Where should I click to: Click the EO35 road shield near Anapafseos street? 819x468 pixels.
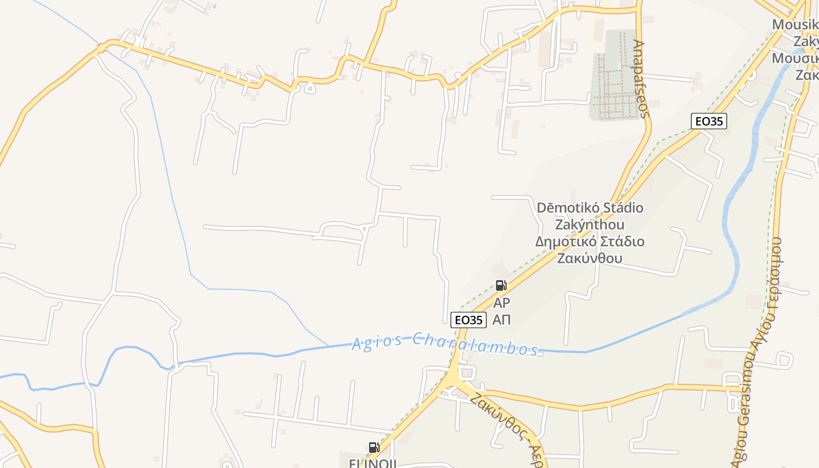pyautogui.click(x=708, y=121)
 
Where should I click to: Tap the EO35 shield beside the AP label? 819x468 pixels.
pyautogui.click(x=469, y=319)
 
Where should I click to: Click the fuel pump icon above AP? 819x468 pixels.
pyautogui.click(x=501, y=285)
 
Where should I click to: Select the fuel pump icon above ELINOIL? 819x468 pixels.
pyautogui.click(x=374, y=448)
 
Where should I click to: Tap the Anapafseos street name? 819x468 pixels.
pyautogui.click(x=641, y=79)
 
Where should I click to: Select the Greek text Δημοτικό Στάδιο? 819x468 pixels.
pyautogui.click(x=590, y=242)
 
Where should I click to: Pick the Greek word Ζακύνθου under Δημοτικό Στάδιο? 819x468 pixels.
pyautogui.click(x=590, y=258)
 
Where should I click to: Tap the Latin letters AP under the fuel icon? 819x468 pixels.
pyautogui.click(x=501, y=303)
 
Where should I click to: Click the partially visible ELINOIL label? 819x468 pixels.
pyautogui.click(x=373, y=463)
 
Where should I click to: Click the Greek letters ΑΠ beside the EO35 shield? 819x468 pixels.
pyautogui.click(x=501, y=319)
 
